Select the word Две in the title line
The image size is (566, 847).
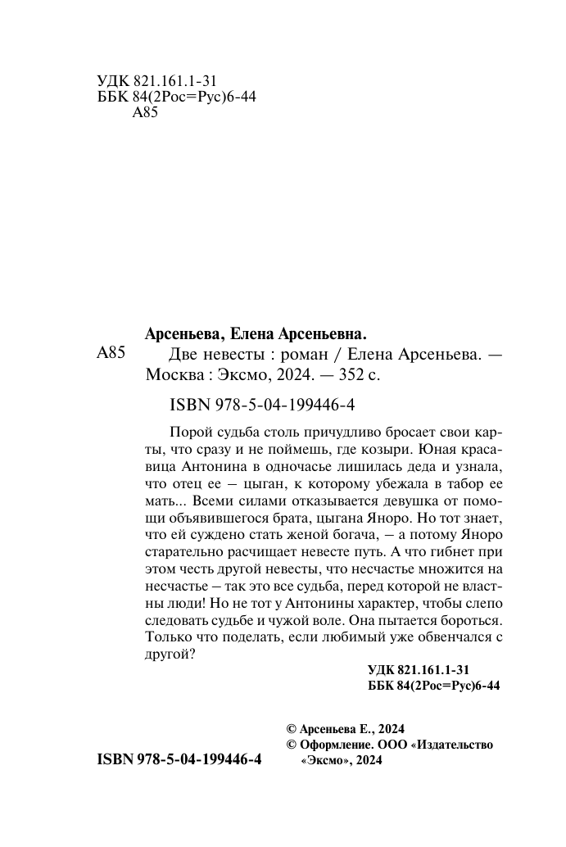coord(183,356)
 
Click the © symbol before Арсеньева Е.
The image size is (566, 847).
coord(289,729)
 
